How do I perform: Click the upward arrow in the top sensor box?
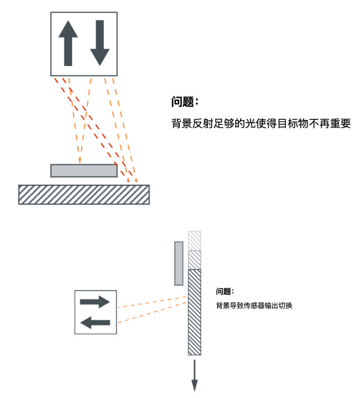[x=68, y=43]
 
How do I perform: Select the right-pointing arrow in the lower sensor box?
[x=95, y=302]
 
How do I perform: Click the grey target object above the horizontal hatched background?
[x=84, y=170]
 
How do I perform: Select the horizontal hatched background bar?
[x=84, y=194]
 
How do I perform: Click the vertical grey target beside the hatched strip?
[x=178, y=263]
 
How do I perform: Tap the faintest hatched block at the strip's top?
[x=194, y=240]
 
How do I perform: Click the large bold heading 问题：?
[x=185, y=103]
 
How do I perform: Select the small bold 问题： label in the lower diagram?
[x=225, y=291]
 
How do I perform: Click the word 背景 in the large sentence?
[x=181, y=123]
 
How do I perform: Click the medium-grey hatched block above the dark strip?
[x=194, y=260]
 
